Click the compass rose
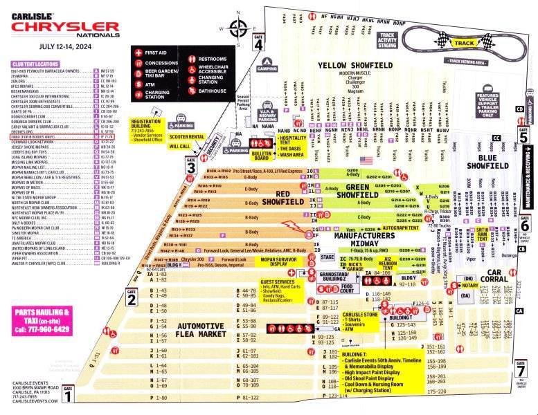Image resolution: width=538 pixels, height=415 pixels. pyautogui.click(x=239, y=29)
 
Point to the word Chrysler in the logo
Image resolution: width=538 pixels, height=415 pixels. pyautogui.click(x=65, y=26)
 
